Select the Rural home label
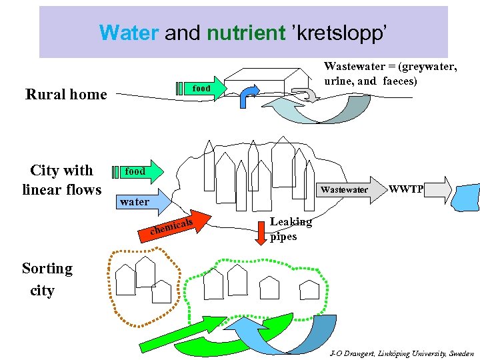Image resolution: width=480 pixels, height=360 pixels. point(66,95)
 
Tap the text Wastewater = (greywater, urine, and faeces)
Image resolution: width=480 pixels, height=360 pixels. point(390,73)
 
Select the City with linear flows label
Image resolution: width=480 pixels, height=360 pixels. point(62,180)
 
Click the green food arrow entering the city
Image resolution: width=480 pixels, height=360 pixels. point(141,171)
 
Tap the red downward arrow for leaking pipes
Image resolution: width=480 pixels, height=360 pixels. point(261,229)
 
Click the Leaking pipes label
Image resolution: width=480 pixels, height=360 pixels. point(290,229)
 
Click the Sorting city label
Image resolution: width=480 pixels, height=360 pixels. point(47,279)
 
